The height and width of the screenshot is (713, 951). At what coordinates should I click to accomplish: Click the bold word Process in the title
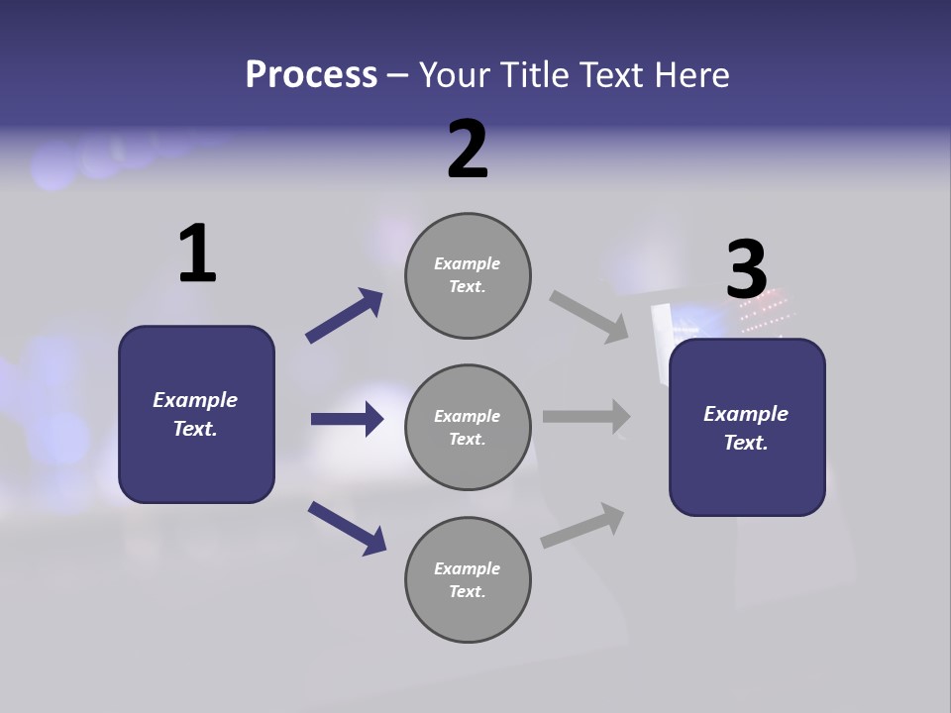(x=311, y=75)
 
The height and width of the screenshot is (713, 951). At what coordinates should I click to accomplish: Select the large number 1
(x=197, y=254)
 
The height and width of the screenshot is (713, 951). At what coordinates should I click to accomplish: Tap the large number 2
(x=468, y=150)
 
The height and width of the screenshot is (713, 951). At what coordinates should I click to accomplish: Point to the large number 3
(x=747, y=269)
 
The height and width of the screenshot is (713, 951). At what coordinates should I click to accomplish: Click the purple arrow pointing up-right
(x=344, y=316)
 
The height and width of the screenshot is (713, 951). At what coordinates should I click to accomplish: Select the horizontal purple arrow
(x=347, y=419)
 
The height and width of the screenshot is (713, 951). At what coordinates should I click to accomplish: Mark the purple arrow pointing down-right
(x=347, y=528)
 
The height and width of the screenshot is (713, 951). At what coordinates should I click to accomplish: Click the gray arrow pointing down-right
(x=589, y=317)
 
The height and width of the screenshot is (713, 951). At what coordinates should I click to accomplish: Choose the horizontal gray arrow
(x=586, y=417)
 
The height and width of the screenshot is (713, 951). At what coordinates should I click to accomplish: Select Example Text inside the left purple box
(x=195, y=414)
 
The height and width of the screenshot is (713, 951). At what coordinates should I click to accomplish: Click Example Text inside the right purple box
(x=746, y=428)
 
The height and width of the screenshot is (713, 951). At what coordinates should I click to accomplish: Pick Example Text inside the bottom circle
(x=467, y=579)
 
